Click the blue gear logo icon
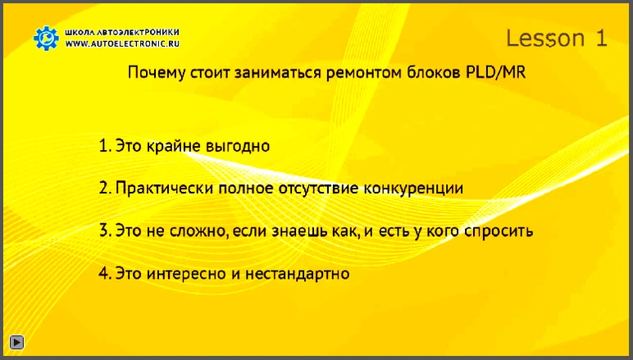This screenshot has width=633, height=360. (46, 39)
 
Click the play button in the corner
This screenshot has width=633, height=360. (16, 342)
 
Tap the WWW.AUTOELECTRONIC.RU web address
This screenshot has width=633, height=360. (122, 43)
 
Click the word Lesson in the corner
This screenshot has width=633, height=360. (545, 39)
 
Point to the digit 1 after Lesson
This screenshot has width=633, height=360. (601, 39)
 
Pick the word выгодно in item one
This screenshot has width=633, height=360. (238, 146)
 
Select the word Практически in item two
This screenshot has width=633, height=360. (164, 189)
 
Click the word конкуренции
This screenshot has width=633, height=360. (413, 189)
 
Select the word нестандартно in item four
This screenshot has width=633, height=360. (297, 274)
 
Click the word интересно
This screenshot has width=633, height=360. (186, 274)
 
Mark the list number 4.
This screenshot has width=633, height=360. (105, 274)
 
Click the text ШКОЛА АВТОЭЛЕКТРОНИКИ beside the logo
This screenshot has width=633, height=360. (122, 32)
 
